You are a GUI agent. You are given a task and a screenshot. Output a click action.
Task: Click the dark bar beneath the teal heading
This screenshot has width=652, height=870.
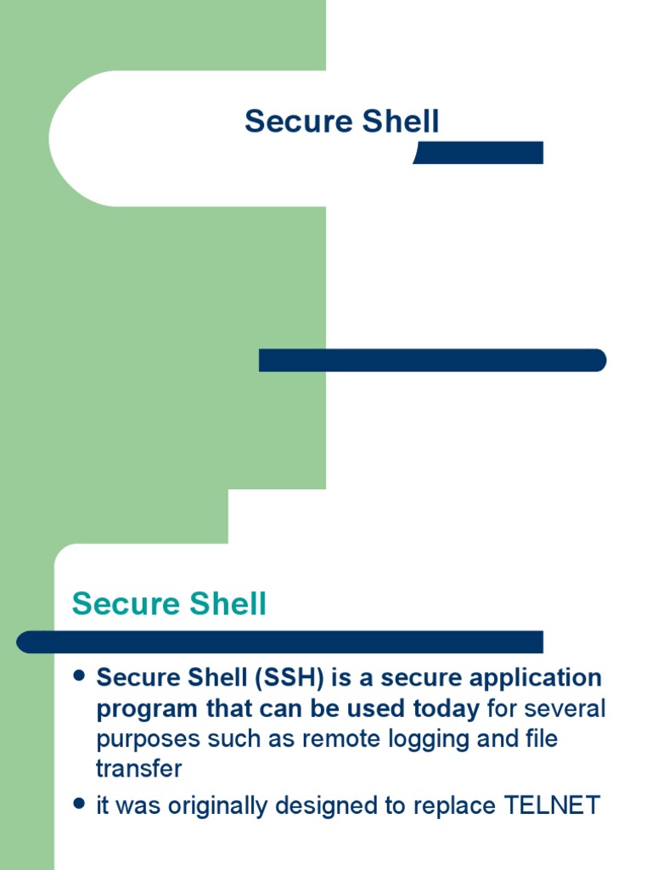(x=280, y=641)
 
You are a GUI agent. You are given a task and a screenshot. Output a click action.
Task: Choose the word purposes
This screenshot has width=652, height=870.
(x=147, y=739)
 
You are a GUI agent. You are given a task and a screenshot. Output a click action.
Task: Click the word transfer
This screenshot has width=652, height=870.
(x=138, y=769)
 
